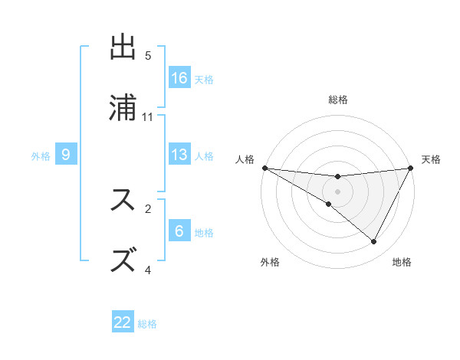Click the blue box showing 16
tap(179, 78)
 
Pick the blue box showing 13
tap(179, 155)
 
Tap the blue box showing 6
tap(179, 231)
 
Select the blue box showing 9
tap(66, 155)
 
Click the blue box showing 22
tap(123, 322)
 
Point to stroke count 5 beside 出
tap(148, 56)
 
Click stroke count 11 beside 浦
tap(148, 117)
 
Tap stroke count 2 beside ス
tap(148, 208)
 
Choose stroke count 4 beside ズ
tap(148, 270)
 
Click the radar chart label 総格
tap(338, 100)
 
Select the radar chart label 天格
tap(432, 159)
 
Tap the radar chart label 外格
tap(270, 262)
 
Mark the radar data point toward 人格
tap(264, 168)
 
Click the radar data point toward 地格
tap(374, 242)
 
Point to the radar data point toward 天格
tap(411, 168)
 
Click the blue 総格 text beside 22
tap(147, 324)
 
